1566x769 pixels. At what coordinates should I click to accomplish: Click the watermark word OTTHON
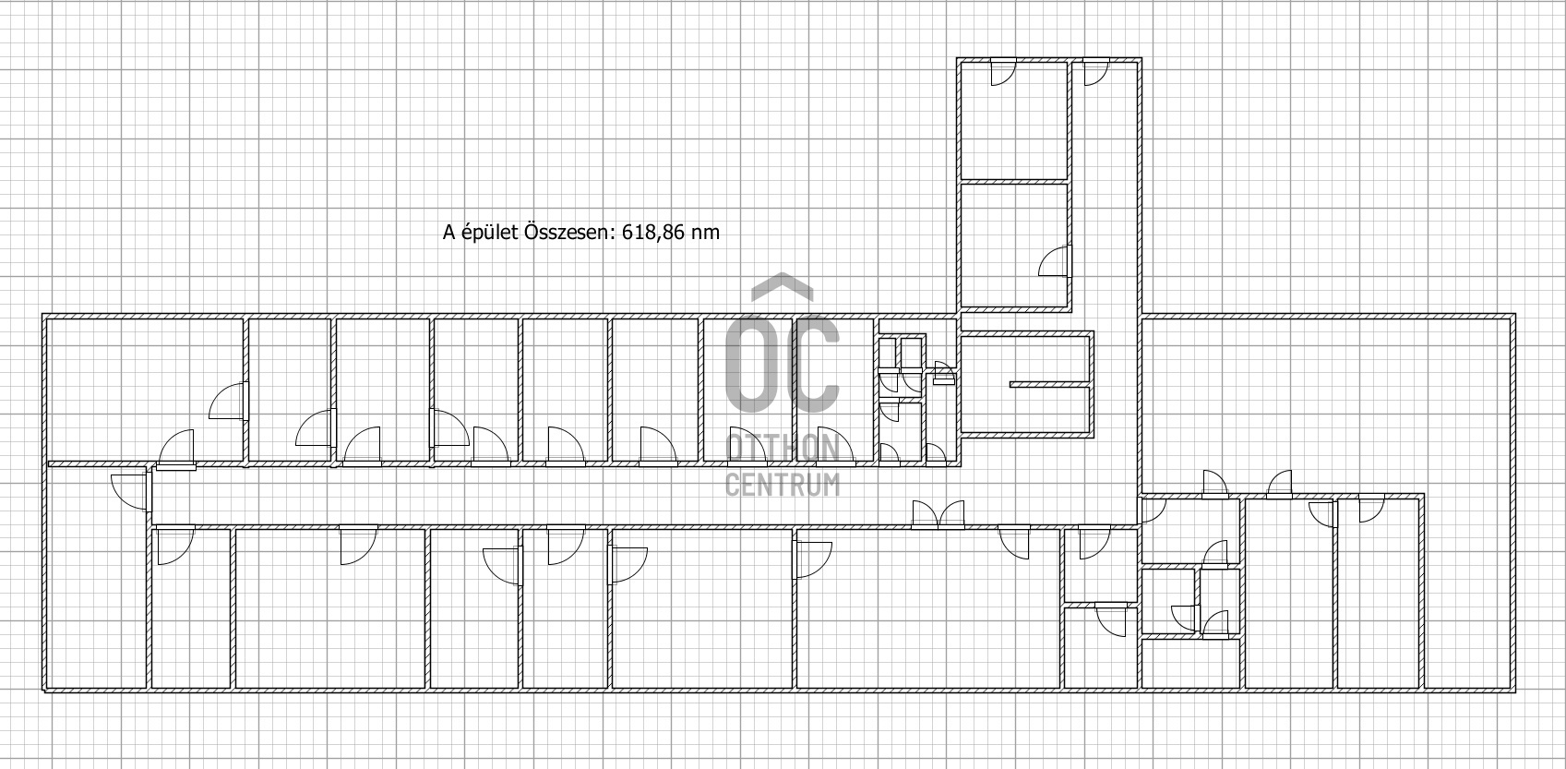(x=783, y=448)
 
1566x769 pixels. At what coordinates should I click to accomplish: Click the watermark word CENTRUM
(x=783, y=485)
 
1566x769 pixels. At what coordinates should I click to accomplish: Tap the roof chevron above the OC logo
(x=783, y=286)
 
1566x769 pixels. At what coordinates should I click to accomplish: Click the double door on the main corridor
(x=938, y=514)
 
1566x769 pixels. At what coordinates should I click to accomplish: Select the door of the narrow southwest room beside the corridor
(x=174, y=546)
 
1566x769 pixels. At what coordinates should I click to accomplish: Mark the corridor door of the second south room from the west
(x=359, y=546)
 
